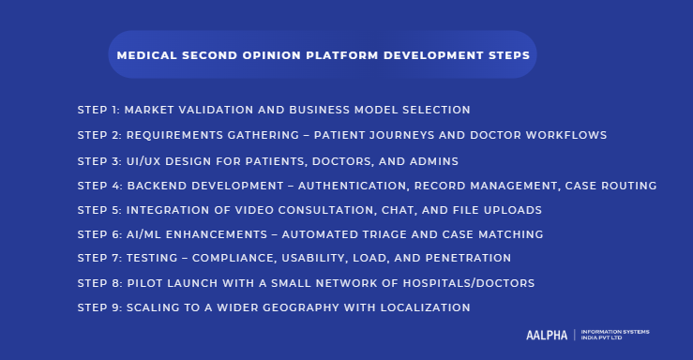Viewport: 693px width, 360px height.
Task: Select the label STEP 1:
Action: coord(98,111)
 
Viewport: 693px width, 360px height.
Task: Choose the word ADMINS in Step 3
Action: coord(432,160)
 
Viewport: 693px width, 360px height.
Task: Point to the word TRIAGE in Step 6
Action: coord(387,233)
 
